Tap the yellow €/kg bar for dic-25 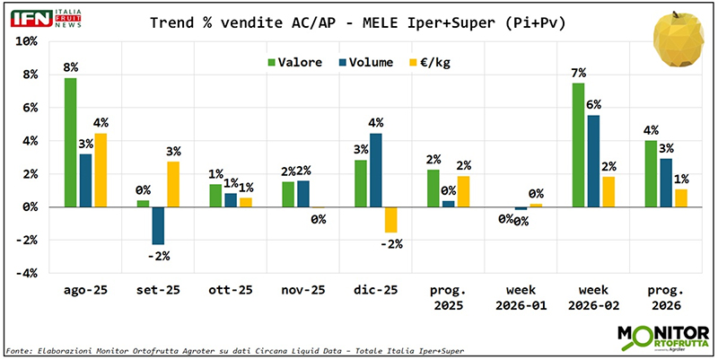pos(390,219)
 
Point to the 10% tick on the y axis pos(27,42)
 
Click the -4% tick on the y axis pos(27,273)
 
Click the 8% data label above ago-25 pos(70,67)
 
